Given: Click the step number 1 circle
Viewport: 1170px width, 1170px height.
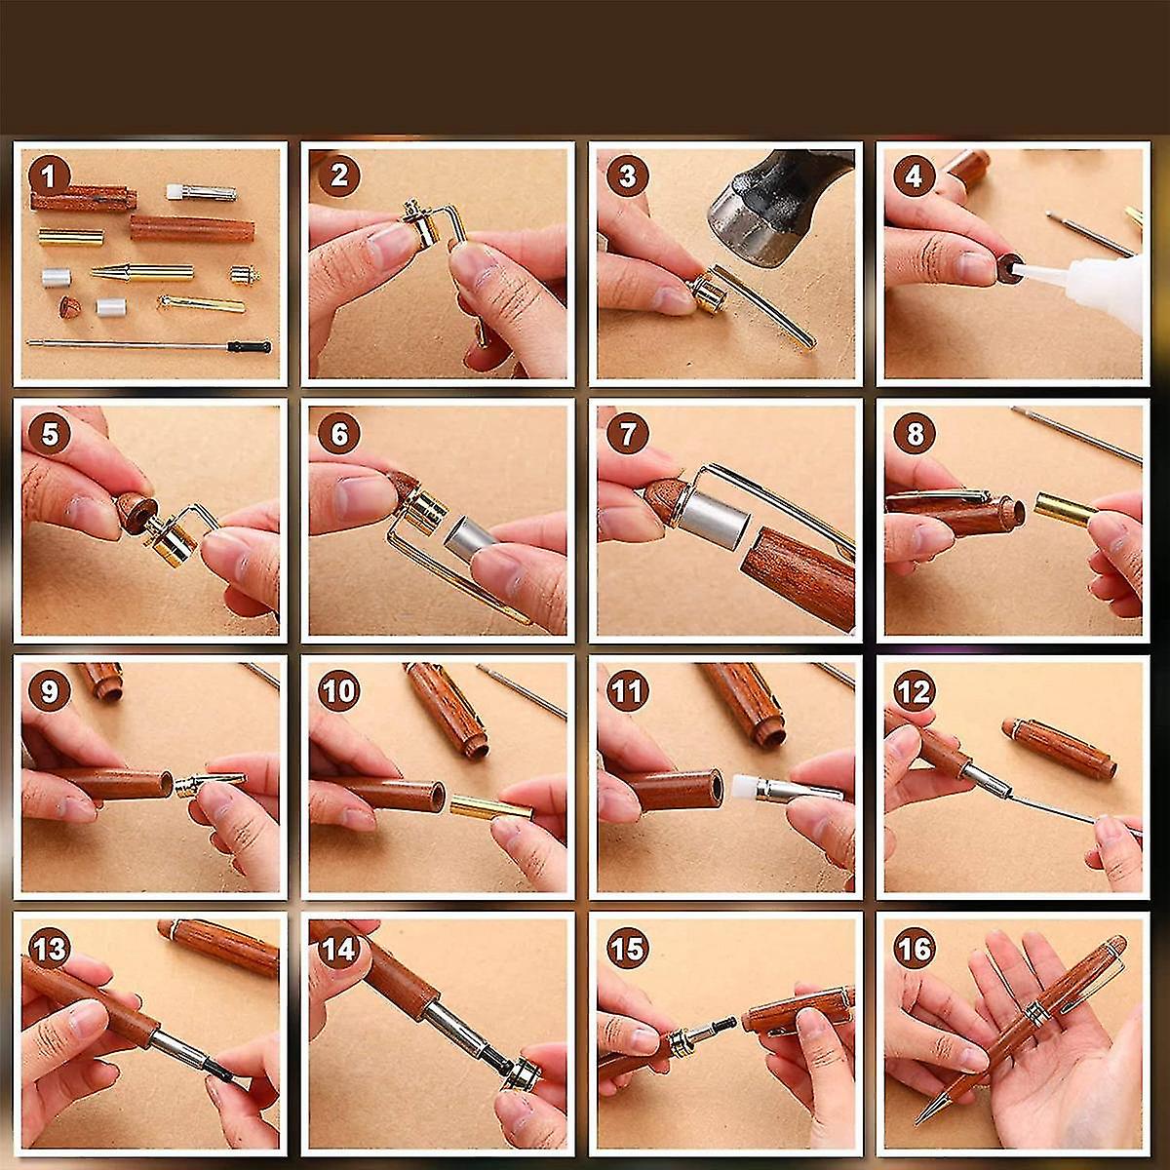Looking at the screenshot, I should pos(50,177).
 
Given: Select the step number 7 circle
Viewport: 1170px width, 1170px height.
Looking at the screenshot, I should pos(626,435).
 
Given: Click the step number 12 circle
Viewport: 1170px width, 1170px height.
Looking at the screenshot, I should pos(914,691).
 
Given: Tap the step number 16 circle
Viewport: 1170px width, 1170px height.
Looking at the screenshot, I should pos(914,948).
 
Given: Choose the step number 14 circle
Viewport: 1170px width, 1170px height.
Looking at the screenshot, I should pos(337,948).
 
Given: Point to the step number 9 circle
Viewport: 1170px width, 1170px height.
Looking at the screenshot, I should pos(50,691).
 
